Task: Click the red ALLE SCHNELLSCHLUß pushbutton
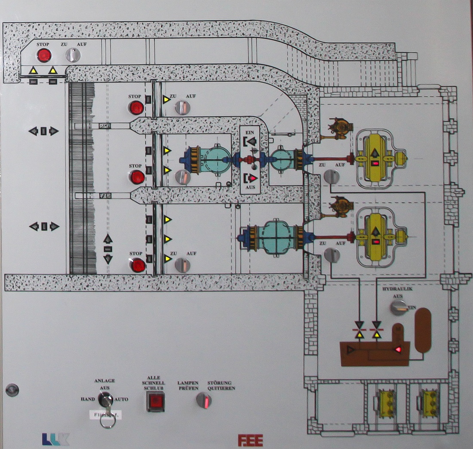[x=155, y=402]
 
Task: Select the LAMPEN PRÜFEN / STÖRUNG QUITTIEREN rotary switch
[x=204, y=401]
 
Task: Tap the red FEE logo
[x=250, y=440]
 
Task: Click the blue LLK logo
[x=55, y=439]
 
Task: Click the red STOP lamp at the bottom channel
[x=138, y=265]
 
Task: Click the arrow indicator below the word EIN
[x=251, y=141]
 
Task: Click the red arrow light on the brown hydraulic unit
[x=399, y=349]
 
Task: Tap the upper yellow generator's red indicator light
[x=375, y=164]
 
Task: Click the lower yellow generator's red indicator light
[x=376, y=242]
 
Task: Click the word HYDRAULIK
[x=397, y=289]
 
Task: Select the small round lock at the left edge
[x=12, y=390]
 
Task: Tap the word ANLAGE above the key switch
[x=104, y=381]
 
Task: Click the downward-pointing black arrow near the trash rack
[x=108, y=259]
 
